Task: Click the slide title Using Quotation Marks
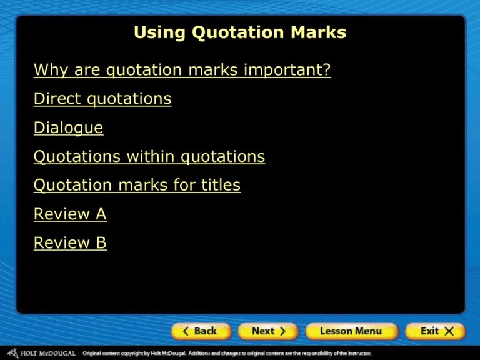point(240,32)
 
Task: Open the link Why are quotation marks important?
point(182,71)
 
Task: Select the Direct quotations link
point(102,99)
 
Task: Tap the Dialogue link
point(69,128)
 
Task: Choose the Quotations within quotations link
point(149,157)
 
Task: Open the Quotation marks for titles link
point(137,186)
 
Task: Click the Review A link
point(70,214)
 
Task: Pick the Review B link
point(70,243)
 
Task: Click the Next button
point(269,331)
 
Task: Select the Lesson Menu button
point(351,331)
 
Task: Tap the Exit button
point(434,331)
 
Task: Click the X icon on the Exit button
point(451,331)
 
